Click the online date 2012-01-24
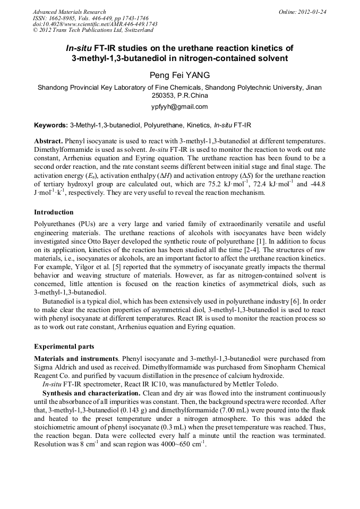coord(312,12)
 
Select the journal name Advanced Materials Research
coord(69,12)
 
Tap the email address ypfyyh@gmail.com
coord(179,107)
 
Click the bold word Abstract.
coord(49,142)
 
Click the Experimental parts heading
coord(64,347)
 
